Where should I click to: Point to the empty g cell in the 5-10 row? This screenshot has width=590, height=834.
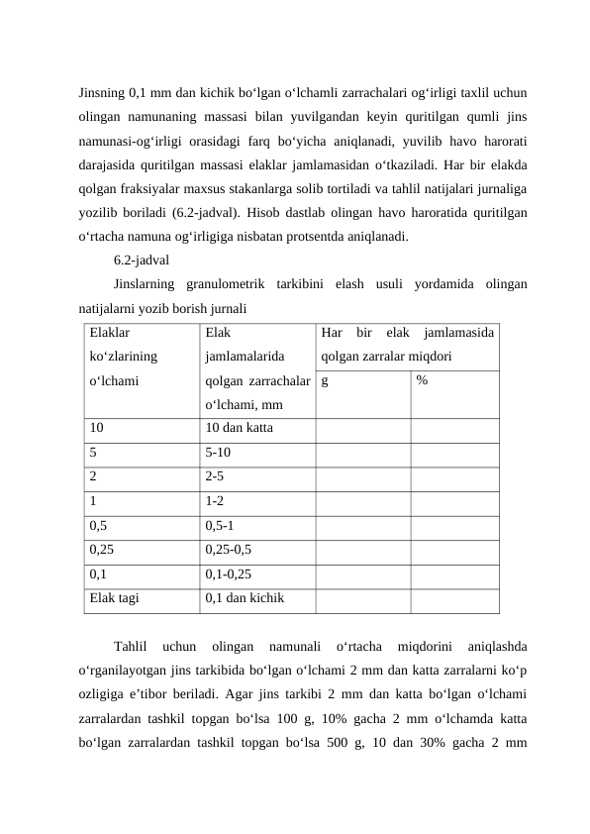tap(362, 452)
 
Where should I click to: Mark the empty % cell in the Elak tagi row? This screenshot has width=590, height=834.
tap(453, 598)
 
